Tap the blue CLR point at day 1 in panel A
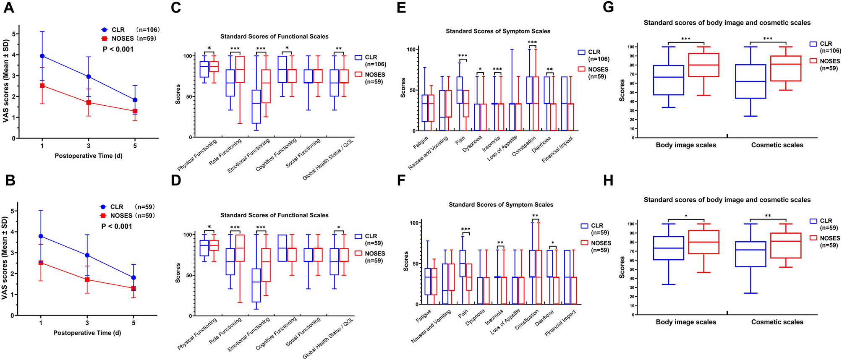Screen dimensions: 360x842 click(42, 56)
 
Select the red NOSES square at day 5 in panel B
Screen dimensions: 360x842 click(133, 289)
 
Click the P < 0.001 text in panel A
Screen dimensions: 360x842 click(118, 49)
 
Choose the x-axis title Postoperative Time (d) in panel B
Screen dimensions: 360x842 click(87, 333)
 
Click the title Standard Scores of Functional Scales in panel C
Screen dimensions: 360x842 click(274, 37)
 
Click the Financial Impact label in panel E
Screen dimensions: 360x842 click(557, 150)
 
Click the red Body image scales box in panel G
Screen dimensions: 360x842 click(703, 65)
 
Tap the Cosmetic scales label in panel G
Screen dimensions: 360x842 click(777, 145)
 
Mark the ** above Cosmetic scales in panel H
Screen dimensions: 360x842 click(767, 216)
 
